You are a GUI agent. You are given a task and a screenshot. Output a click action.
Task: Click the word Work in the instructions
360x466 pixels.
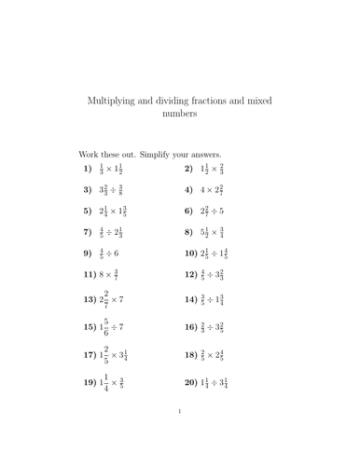pyautogui.click(x=88, y=154)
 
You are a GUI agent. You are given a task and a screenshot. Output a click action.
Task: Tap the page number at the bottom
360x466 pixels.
pyautogui.click(x=179, y=435)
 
